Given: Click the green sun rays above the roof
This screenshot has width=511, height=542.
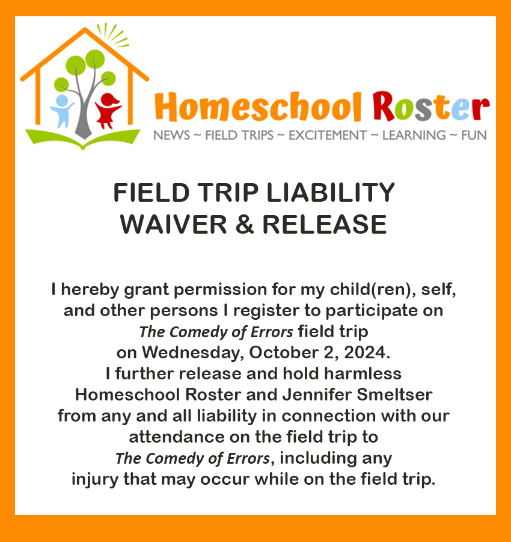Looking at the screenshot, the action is coord(112,34).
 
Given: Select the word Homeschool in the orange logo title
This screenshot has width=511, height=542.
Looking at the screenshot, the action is coord(258,107).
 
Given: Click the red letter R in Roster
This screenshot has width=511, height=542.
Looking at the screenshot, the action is coord(384,106).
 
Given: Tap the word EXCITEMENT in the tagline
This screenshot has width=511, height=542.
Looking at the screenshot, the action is coord(328,135).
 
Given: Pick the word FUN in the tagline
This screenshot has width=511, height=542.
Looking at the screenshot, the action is coord(474,135).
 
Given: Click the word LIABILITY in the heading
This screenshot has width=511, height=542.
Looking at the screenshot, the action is coord(331,193).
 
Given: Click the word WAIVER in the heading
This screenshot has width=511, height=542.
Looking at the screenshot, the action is coord(173,225).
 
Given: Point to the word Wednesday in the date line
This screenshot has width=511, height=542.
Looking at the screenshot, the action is coord(193,353).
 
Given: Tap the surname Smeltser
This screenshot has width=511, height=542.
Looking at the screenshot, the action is coord(394,394).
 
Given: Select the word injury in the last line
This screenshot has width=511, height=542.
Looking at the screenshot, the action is coord(94,480).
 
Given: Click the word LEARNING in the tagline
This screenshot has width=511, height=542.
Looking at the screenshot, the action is coord(414,135).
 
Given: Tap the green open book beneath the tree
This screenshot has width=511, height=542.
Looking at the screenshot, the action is coord(83,137).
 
